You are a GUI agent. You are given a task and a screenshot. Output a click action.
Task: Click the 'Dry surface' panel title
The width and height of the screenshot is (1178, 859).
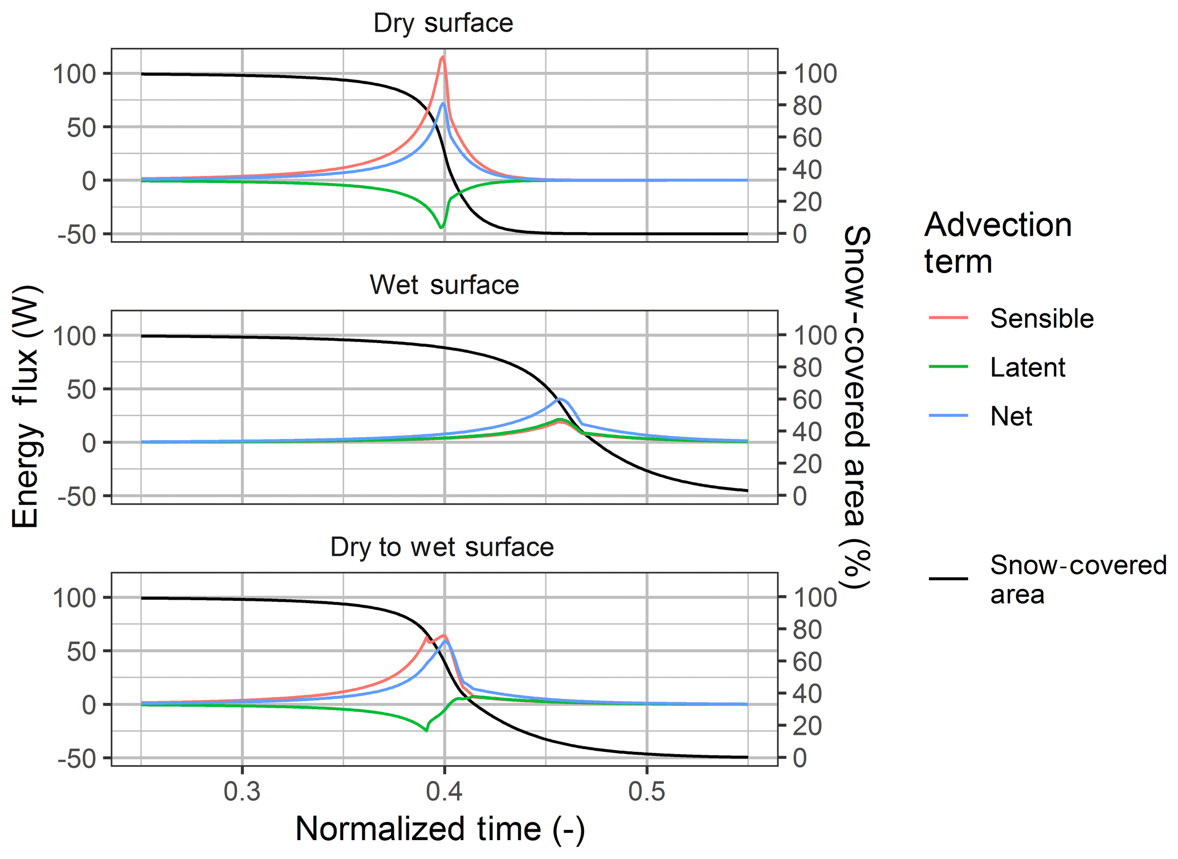click(443, 23)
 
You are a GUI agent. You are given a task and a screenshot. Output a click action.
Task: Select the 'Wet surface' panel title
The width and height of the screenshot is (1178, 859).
click(444, 285)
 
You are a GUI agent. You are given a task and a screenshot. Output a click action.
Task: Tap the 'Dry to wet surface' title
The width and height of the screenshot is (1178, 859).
click(442, 547)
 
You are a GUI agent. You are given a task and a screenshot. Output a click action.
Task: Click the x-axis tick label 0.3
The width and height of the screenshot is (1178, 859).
click(242, 792)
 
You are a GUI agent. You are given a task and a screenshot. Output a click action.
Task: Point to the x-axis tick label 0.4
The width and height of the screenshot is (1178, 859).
click(445, 792)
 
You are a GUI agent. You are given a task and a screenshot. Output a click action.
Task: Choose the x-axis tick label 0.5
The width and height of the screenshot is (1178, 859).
click(647, 792)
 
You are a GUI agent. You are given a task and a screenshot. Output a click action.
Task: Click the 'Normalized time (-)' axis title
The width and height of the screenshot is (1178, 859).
click(440, 829)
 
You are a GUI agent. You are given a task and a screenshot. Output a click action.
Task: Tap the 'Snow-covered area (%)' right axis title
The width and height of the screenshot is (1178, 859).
click(855, 407)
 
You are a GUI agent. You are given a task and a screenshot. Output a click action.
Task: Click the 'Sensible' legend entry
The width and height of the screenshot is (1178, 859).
click(1041, 319)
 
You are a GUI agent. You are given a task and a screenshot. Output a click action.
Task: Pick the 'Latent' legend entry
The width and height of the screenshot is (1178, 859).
click(1027, 368)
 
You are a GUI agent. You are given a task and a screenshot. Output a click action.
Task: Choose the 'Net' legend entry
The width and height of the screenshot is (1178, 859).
click(1010, 417)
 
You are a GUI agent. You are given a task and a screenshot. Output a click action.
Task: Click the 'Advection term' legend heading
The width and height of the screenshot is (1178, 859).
click(997, 243)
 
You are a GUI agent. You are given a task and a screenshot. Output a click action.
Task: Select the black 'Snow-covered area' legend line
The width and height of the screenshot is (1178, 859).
click(948, 579)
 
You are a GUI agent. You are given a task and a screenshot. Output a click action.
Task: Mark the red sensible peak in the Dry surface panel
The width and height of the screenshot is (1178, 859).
click(443, 57)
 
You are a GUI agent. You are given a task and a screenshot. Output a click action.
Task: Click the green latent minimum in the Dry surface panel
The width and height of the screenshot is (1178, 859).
click(441, 228)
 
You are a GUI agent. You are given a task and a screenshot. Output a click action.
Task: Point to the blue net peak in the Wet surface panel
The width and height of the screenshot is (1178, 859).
click(561, 399)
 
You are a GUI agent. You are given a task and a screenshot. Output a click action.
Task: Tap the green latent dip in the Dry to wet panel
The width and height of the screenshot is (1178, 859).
click(426, 731)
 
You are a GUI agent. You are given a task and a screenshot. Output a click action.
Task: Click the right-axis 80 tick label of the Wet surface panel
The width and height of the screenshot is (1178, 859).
click(807, 368)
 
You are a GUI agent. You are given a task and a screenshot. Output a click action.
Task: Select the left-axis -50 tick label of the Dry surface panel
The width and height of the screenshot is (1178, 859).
click(80, 234)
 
